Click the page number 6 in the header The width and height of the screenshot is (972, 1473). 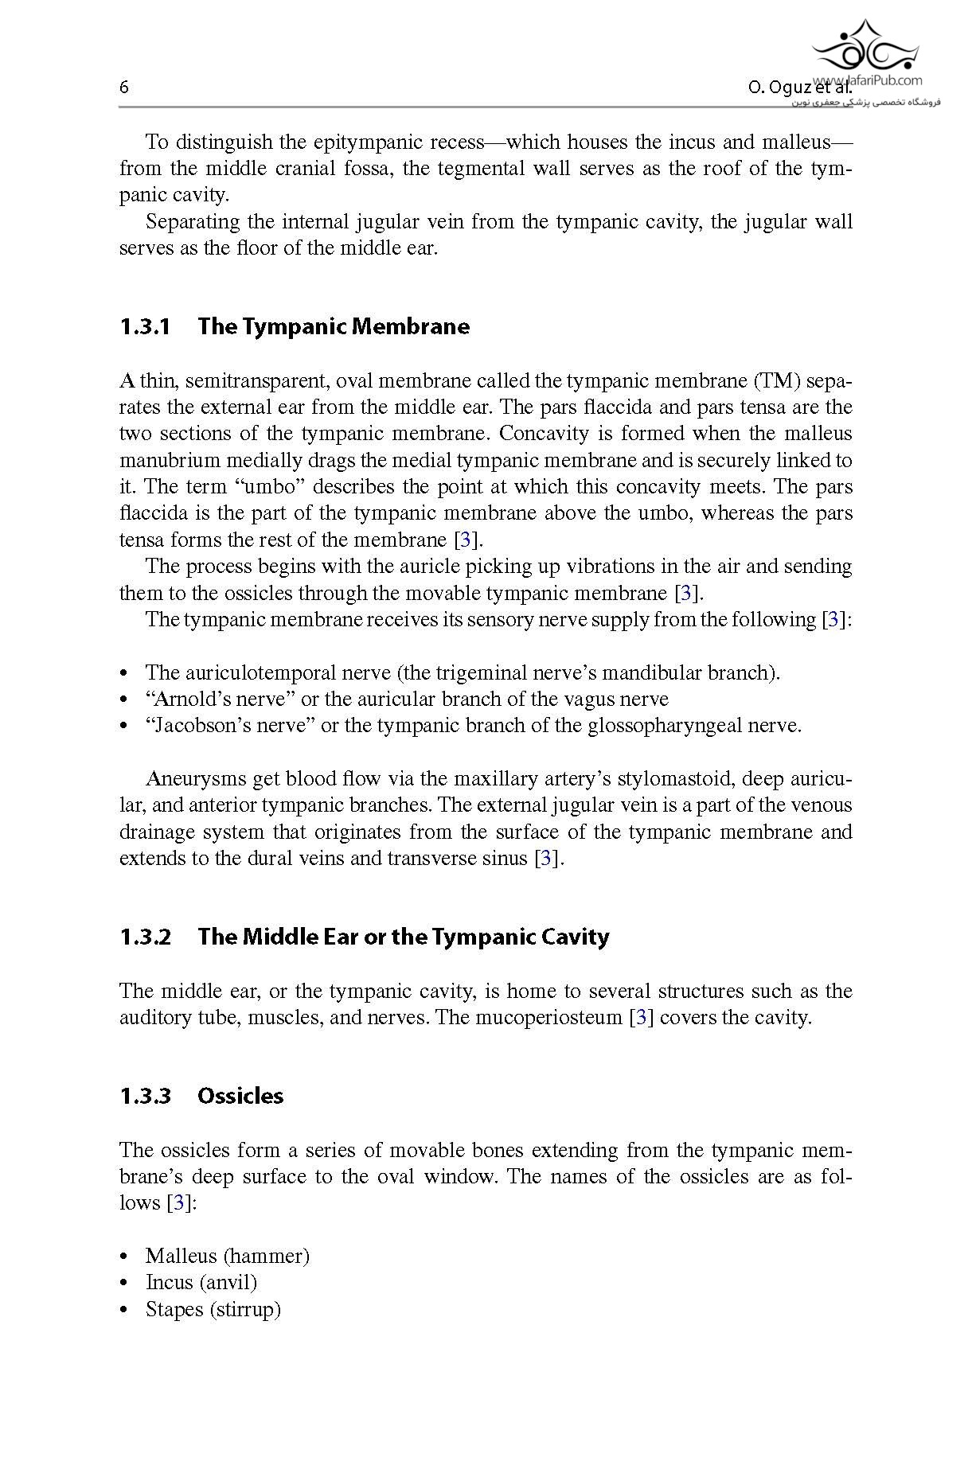pos(124,88)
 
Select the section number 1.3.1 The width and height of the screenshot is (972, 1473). pos(145,326)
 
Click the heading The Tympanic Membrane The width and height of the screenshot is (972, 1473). pos(334,326)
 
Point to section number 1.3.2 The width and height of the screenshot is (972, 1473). pos(145,937)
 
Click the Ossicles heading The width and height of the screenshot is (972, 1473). pos(240,1096)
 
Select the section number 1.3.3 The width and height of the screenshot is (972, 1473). pos(145,1096)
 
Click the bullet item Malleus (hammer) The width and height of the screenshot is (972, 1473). pos(227,1256)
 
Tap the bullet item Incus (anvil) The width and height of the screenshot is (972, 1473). pos(201,1282)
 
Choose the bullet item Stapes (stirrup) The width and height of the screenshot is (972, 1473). pos(213,1309)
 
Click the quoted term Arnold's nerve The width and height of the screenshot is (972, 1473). pos(220,699)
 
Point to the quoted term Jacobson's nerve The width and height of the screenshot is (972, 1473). pos(230,725)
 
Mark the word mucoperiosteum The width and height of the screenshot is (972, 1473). pos(548,1017)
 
